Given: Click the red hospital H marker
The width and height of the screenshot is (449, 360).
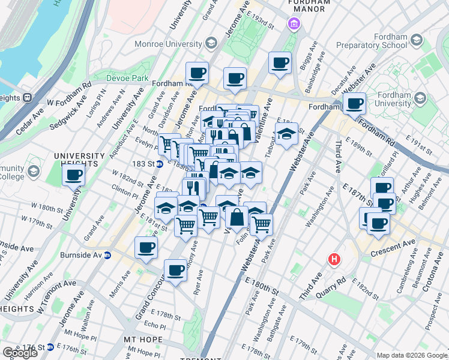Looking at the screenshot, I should point(334,260).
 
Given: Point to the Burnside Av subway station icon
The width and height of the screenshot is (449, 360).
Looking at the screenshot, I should point(108,254).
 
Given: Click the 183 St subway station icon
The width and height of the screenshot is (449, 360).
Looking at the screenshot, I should point(160,164).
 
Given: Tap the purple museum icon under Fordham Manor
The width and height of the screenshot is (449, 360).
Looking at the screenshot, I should point(293,23).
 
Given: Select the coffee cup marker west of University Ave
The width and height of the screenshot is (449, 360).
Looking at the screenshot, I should point(74,175).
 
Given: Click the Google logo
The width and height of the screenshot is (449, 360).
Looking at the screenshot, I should point(20,353).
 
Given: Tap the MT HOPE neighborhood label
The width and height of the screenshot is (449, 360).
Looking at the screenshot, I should point(143,340).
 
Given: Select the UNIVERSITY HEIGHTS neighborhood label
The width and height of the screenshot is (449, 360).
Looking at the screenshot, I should point(76,160).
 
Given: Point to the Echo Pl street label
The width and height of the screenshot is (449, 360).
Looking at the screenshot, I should point(155,326).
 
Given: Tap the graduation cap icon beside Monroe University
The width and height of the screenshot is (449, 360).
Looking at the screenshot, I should point(211,43).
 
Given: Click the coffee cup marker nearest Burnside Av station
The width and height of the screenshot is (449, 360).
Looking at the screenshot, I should point(145,247).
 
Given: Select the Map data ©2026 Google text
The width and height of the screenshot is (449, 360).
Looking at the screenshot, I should point(412,355).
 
